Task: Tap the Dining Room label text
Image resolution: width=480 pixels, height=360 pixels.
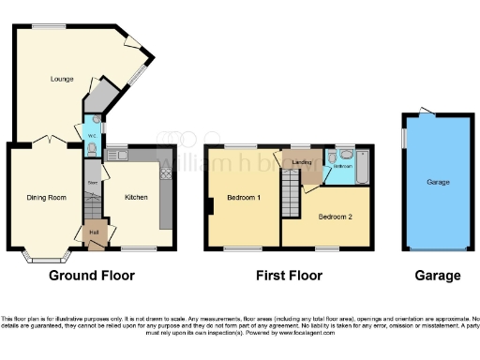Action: tap(45, 197)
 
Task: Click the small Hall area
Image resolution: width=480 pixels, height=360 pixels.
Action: tap(94, 232)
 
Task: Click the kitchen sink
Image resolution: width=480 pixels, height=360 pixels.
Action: tap(118, 154)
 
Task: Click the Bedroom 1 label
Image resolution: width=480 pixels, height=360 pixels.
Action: tap(244, 199)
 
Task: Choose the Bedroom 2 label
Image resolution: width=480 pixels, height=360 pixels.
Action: tap(335, 216)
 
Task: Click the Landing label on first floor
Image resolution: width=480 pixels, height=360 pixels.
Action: tap(302, 162)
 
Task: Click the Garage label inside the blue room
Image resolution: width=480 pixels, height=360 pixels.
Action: tap(438, 182)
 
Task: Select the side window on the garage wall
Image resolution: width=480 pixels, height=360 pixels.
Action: tap(404, 137)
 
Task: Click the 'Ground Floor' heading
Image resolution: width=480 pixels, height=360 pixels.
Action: tap(91, 276)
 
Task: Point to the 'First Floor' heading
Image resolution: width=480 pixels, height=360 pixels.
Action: tap(289, 276)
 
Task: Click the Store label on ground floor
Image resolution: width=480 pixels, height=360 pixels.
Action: tap(93, 181)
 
